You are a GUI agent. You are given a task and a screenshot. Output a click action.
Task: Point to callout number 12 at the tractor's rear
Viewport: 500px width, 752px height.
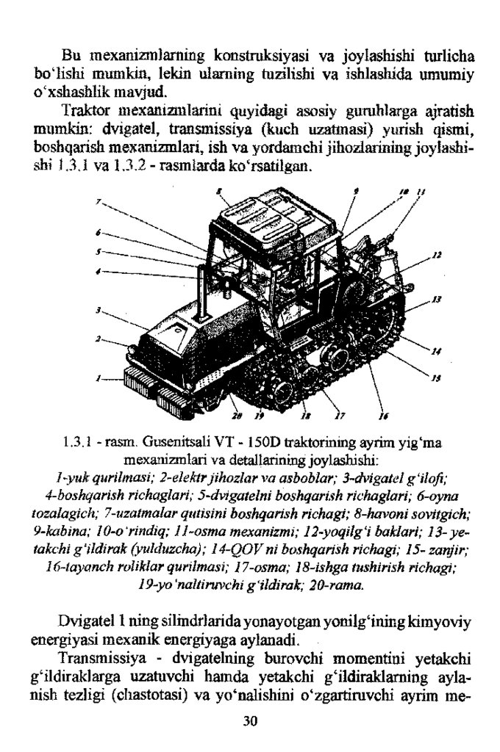tap(436, 256)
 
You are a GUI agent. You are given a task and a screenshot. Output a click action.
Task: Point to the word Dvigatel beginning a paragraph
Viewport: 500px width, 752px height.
tap(86, 621)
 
